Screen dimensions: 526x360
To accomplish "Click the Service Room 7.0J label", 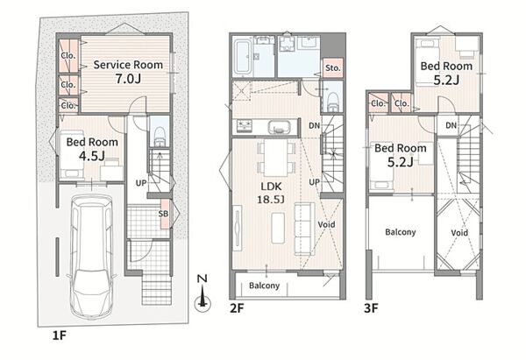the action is [x=128, y=72].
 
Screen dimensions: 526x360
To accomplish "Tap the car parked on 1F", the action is [x=91, y=257].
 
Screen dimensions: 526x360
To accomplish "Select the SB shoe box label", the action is [x=163, y=214].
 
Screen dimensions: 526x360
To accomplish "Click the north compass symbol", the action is [x=203, y=293].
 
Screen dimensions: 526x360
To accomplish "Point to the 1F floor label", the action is [x=60, y=335].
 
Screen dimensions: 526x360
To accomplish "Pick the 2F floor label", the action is [x=237, y=308].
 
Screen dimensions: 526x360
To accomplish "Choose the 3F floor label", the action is [x=372, y=308].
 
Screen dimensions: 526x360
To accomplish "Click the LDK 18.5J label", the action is [x=271, y=193].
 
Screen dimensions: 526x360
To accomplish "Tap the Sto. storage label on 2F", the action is [x=333, y=68].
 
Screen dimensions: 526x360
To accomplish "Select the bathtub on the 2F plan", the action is [x=242, y=56].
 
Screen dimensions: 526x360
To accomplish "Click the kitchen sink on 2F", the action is [x=279, y=126].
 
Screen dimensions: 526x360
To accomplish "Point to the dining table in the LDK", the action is [x=276, y=157].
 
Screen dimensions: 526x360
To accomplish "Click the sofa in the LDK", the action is [x=305, y=229].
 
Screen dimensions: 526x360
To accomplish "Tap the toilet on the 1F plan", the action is [x=160, y=136].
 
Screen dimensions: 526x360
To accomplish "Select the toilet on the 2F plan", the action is [x=333, y=102].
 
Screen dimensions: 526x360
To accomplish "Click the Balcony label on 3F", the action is [x=401, y=232].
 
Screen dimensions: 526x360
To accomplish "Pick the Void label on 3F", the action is [x=459, y=233].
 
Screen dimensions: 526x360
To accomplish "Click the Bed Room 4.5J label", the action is [x=92, y=149].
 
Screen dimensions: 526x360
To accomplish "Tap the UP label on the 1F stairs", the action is [x=141, y=183].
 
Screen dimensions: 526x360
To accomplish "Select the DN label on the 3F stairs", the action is [x=451, y=125].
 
